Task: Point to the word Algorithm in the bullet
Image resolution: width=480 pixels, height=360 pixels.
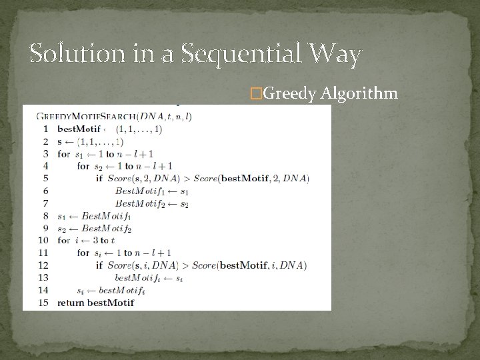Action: pos(359,93)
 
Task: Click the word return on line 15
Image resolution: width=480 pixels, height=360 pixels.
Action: pos(71,303)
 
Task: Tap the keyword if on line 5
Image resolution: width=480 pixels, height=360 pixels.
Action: pos(99,178)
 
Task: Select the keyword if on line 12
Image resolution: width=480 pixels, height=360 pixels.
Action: pos(99,265)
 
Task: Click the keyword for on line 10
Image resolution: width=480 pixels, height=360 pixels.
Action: pos(64,240)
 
